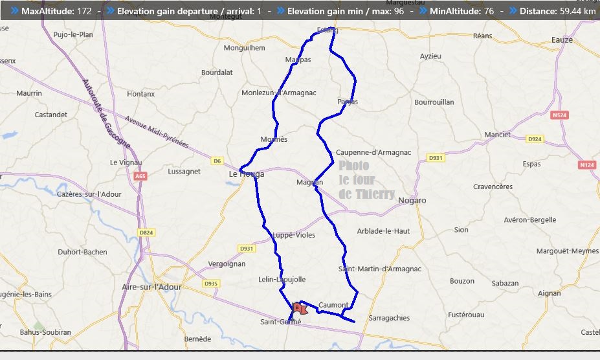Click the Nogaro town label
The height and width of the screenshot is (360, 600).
[412, 201]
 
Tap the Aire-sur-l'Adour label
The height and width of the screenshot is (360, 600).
[152, 287]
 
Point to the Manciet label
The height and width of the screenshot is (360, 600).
[497, 135]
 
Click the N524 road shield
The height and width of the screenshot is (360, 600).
[560, 115]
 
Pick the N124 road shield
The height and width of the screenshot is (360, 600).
[587, 165]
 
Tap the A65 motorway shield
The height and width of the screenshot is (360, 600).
[140, 176]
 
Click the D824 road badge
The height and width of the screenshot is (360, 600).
[146, 232]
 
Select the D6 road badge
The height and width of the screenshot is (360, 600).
[217, 161]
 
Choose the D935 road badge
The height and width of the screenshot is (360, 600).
[210, 284]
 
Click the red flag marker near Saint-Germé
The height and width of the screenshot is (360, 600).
[298, 308]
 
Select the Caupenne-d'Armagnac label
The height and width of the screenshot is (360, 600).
[373, 153]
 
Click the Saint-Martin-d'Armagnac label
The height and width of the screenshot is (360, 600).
[380, 269]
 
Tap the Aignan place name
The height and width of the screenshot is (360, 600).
[550, 293]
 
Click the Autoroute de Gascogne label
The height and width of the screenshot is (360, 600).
[106, 113]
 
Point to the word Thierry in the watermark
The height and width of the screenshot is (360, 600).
[374, 194]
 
